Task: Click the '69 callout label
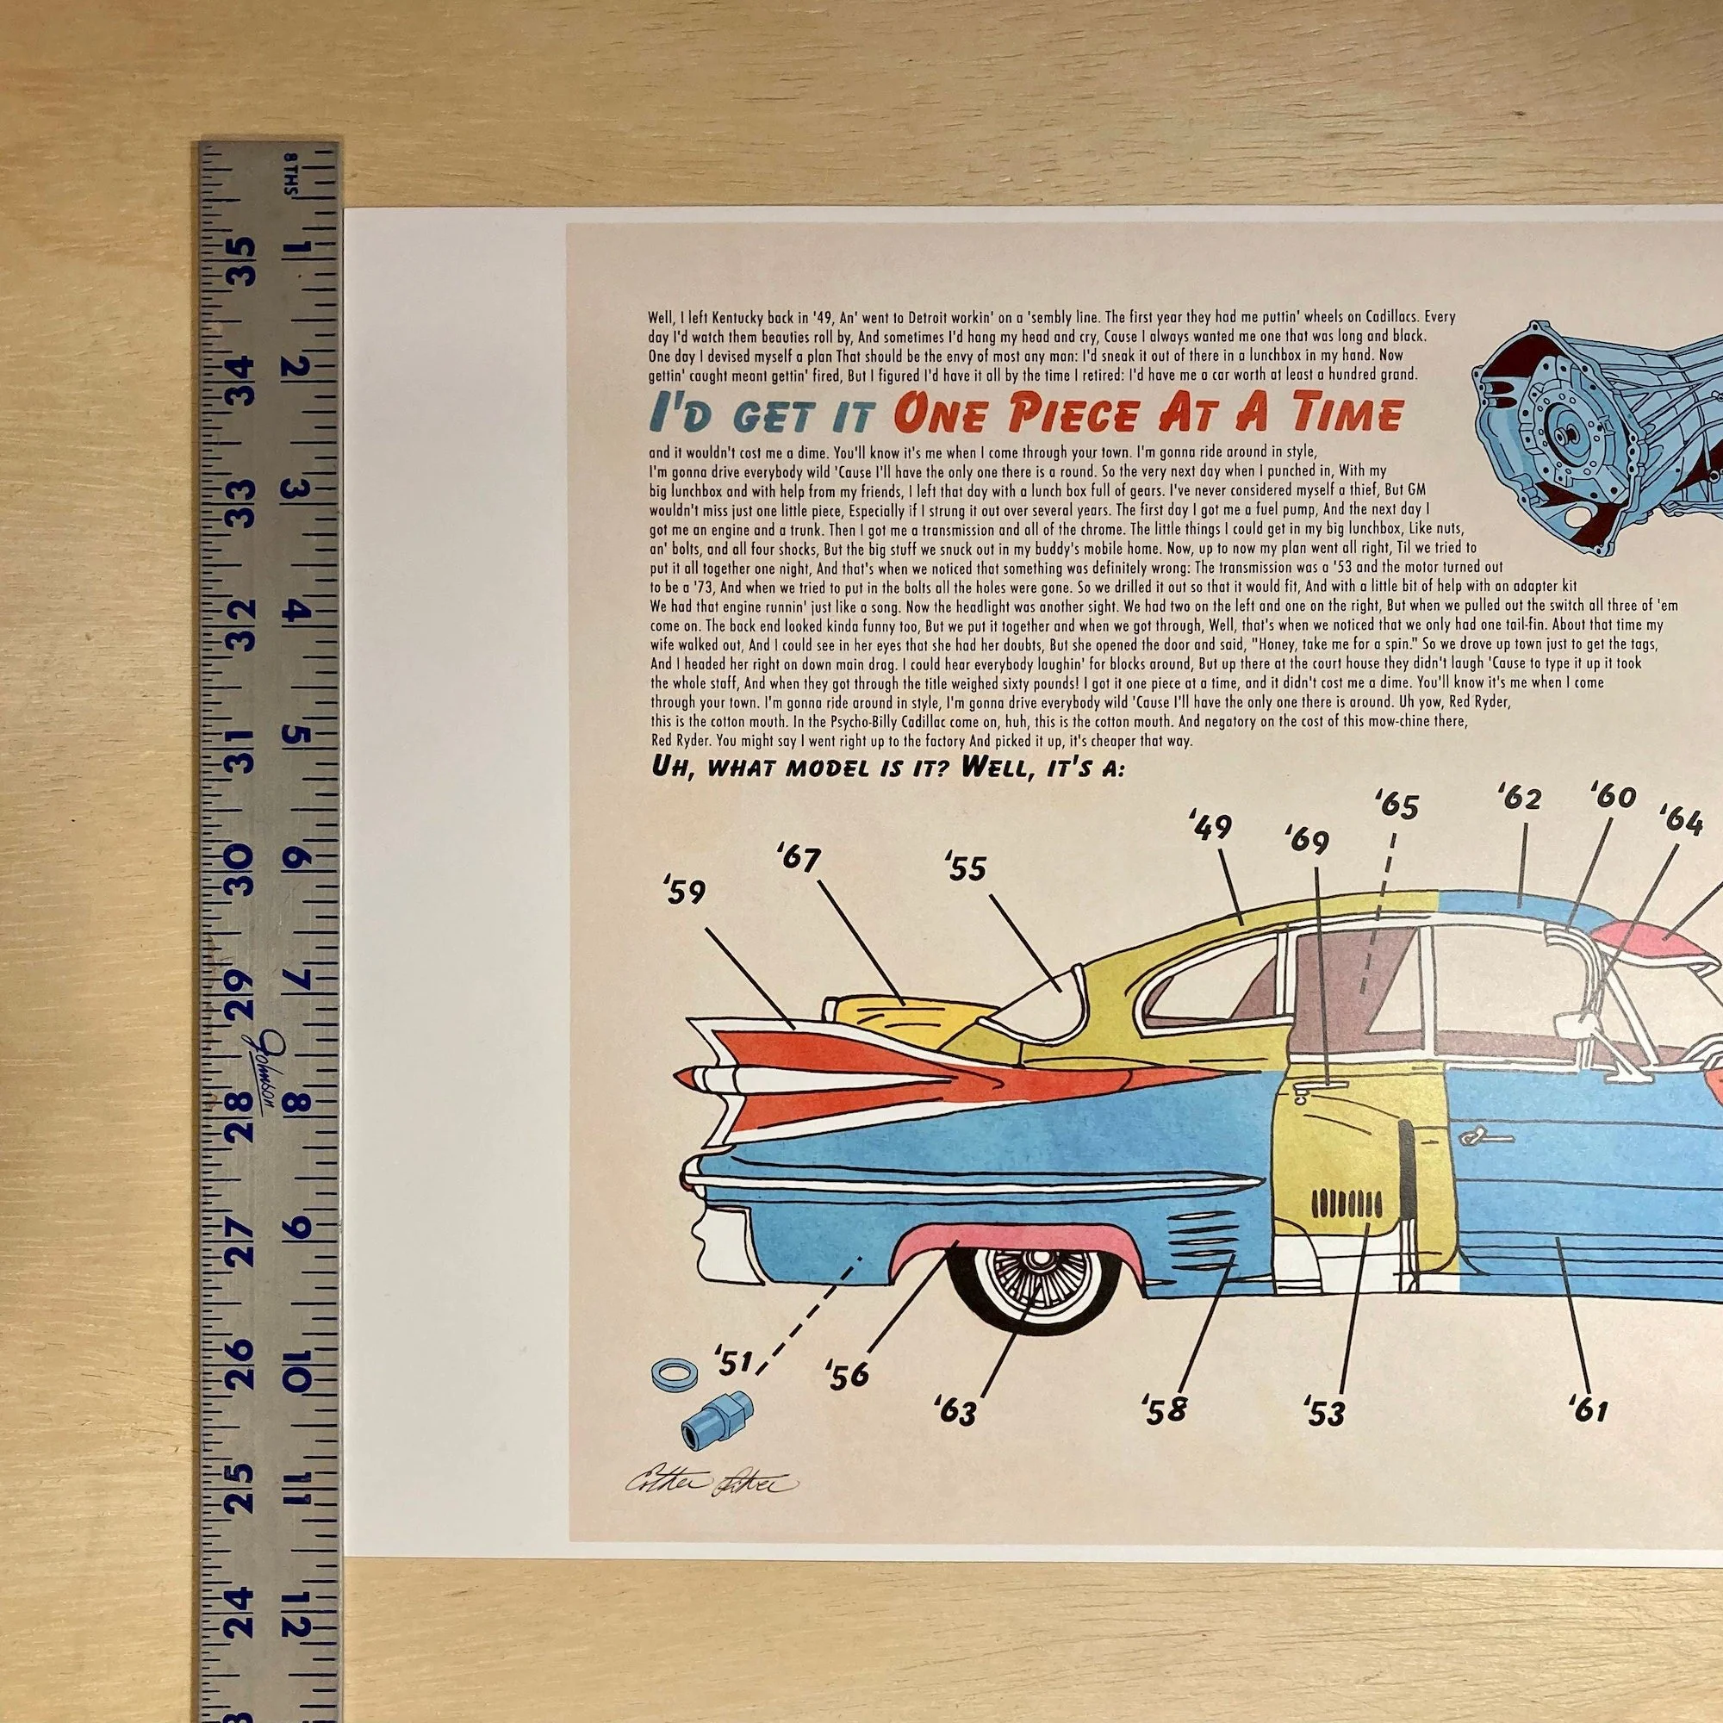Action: (1308, 840)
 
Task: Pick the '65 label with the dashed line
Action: (1396, 806)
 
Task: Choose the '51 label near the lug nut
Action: (735, 1387)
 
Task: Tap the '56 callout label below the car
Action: (847, 1398)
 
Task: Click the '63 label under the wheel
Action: (957, 1436)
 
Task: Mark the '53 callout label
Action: (1323, 1438)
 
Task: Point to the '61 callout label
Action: (1589, 1434)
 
